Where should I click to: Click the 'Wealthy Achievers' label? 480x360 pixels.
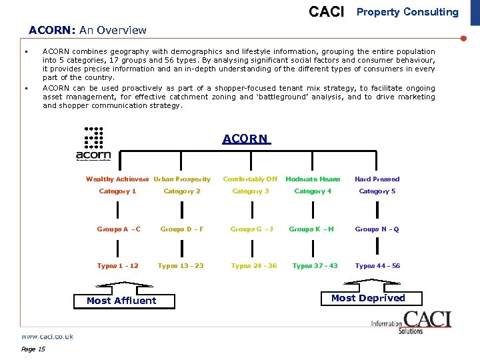[x=117, y=179]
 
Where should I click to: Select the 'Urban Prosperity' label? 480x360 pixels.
[x=182, y=179]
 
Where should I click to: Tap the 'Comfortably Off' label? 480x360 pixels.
[x=250, y=179]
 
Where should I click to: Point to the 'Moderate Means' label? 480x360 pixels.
[x=313, y=179]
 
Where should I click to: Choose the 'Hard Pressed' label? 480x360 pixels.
[x=377, y=179]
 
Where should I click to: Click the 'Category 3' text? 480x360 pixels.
[x=251, y=191]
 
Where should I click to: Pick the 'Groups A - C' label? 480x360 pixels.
[x=119, y=229]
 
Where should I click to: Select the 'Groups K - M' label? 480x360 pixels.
[x=311, y=229]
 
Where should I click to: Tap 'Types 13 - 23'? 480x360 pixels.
[x=181, y=266]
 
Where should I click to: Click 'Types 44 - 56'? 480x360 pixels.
[x=377, y=266]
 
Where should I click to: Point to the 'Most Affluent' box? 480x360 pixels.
[x=121, y=301]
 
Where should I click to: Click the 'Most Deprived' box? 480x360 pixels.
[x=368, y=298]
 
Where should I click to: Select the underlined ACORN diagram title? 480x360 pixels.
[x=245, y=139]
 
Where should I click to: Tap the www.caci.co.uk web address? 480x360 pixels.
[x=47, y=337]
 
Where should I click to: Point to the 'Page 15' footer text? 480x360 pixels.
[x=33, y=349]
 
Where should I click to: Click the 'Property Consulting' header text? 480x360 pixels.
[x=407, y=12]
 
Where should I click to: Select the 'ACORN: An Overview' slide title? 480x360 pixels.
[x=87, y=30]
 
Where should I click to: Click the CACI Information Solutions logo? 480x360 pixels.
[x=411, y=322]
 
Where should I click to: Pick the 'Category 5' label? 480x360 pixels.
[x=377, y=191]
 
